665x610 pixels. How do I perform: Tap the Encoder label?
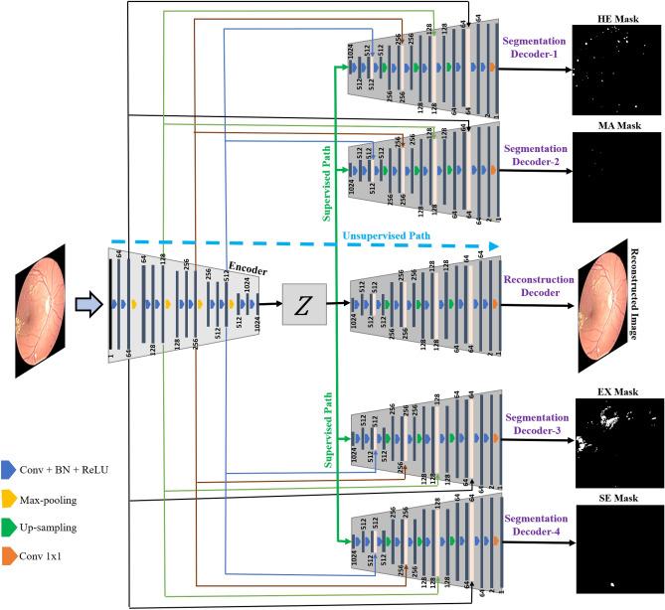(248, 267)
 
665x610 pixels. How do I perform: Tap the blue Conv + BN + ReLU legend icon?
(8, 466)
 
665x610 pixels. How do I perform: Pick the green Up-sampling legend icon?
(8, 527)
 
